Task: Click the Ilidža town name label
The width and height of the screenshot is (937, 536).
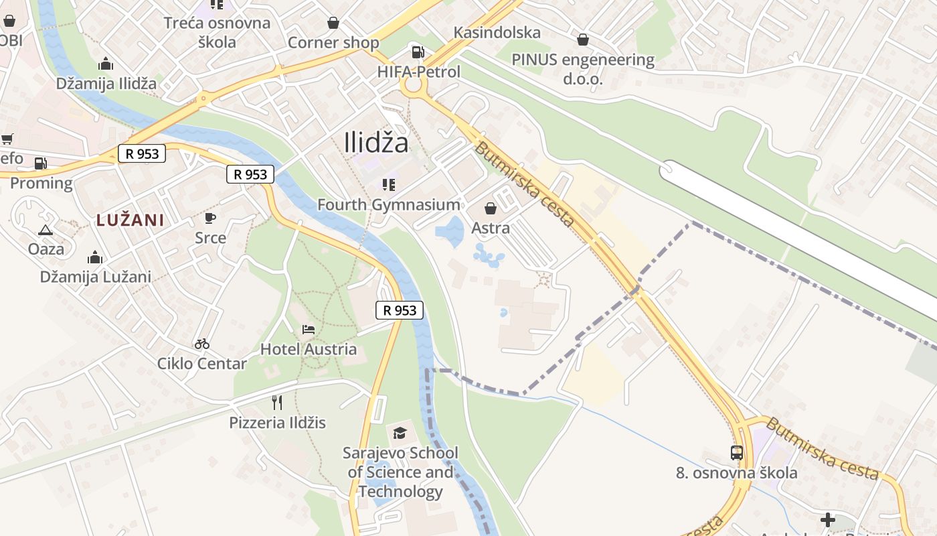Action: click(375, 142)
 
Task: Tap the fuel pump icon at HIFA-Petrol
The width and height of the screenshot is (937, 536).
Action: click(418, 52)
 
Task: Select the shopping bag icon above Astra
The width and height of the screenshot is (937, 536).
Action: click(490, 208)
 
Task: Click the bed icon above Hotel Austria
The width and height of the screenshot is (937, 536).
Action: click(308, 329)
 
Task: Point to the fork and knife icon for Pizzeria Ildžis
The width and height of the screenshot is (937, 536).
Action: click(277, 402)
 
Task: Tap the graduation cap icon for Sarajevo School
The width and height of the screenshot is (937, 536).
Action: click(400, 433)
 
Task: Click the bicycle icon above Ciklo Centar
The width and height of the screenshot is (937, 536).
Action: click(201, 344)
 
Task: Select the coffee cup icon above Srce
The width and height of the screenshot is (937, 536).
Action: click(210, 218)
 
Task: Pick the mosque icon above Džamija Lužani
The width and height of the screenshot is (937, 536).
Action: click(94, 257)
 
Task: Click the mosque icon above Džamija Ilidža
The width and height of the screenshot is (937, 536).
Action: click(106, 64)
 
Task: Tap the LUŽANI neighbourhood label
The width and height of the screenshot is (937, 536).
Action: click(130, 220)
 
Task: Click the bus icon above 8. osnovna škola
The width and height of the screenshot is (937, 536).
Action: click(736, 453)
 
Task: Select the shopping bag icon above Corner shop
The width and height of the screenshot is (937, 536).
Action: click(333, 23)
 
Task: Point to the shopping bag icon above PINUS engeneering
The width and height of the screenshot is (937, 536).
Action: click(582, 40)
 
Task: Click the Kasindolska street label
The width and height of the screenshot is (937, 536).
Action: click(497, 32)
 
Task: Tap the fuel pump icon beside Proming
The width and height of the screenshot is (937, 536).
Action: click(40, 163)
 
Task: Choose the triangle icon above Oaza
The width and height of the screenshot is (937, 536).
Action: click(46, 230)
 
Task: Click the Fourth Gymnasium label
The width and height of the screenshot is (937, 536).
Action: click(388, 205)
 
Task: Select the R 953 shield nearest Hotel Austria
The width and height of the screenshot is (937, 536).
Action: click(400, 310)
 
